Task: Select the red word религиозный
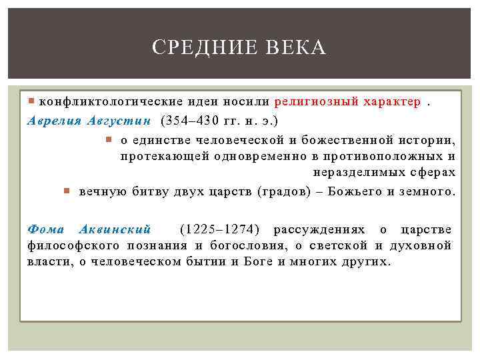pyautogui.click(x=315, y=102)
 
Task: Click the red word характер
pyautogui.click(x=392, y=102)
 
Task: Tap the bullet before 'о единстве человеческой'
pyautogui.click(x=111, y=139)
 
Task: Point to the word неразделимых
pyautogui.click(x=353, y=173)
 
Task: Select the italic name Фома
pyautogui.click(x=45, y=229)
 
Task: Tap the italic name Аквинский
pyautogui.click(x=116, y=229)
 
